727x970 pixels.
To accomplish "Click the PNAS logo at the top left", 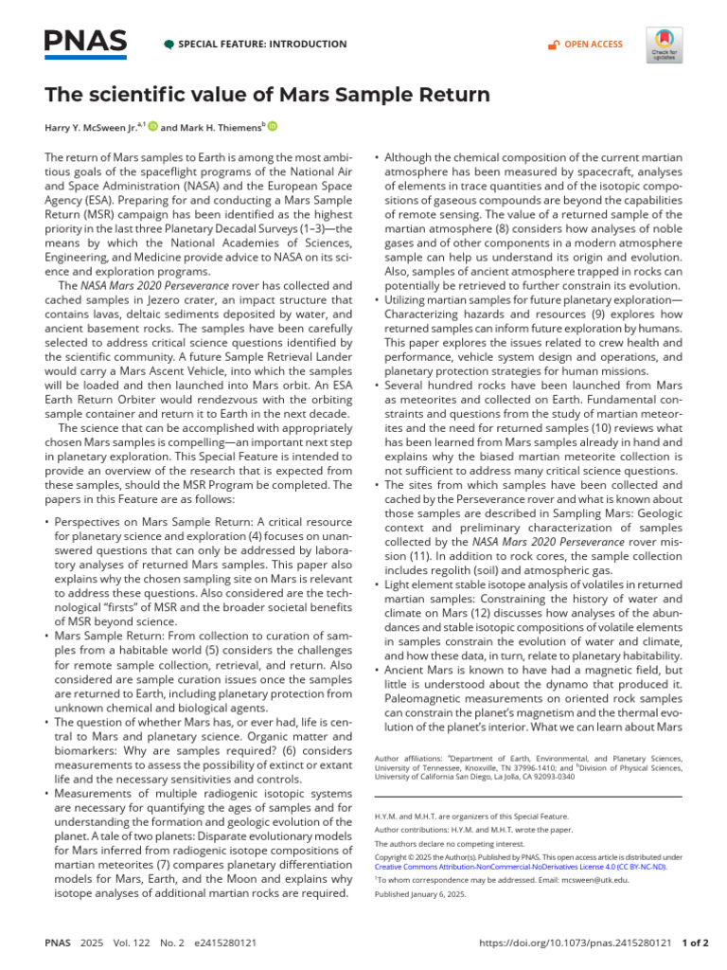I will [x=85, y=43].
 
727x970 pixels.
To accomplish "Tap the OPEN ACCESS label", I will [x=593, y=45].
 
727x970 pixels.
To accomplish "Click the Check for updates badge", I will [x=665, y=44].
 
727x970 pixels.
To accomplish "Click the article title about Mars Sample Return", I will [x=268, y=95].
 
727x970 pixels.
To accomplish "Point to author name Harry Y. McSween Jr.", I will [x=91, y=127].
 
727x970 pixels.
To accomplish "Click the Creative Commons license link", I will [x=521, y=867].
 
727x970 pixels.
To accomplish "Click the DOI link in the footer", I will [x=576, y=943].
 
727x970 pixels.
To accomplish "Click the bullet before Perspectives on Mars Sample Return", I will [x=48, y=522].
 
